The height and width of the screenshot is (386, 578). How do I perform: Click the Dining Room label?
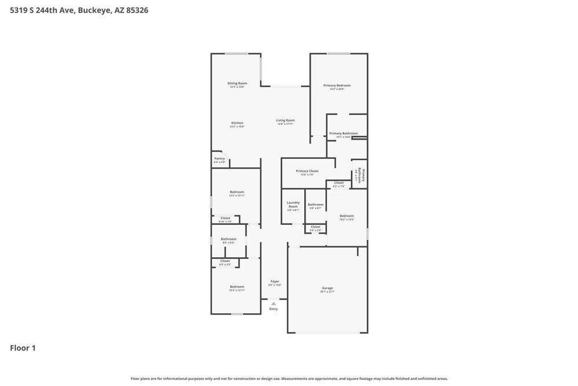pos(237,83)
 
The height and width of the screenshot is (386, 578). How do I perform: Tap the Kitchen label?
pos(237,123)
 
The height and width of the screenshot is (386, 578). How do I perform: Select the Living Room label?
pos(286,120)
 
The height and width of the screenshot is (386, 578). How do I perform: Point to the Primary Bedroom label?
pos(337,85)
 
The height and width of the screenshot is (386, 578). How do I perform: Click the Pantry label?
pos(220,158)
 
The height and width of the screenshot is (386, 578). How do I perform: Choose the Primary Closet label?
pos(307,171)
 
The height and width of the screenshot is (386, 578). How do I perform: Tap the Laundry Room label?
pos(293,204)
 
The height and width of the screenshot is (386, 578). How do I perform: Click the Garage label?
pos(327,288)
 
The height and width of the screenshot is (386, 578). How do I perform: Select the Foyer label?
pos(275,281)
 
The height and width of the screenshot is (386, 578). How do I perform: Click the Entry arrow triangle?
pos(274,303)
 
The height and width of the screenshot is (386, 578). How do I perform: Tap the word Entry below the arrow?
pos(274,309)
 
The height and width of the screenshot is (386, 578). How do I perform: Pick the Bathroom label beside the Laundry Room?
pos(316,204)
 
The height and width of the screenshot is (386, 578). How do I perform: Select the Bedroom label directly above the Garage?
pos(347,216)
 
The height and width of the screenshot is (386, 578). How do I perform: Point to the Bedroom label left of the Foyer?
pos(237,287)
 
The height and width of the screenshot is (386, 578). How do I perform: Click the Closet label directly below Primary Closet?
pos(339,183)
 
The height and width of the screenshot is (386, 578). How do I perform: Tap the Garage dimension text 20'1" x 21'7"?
pos(327,292)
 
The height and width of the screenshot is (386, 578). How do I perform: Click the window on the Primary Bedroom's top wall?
pos(338,54)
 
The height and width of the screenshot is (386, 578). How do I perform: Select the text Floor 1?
pos(23,348)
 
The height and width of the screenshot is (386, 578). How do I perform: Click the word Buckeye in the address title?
pos(94,10)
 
